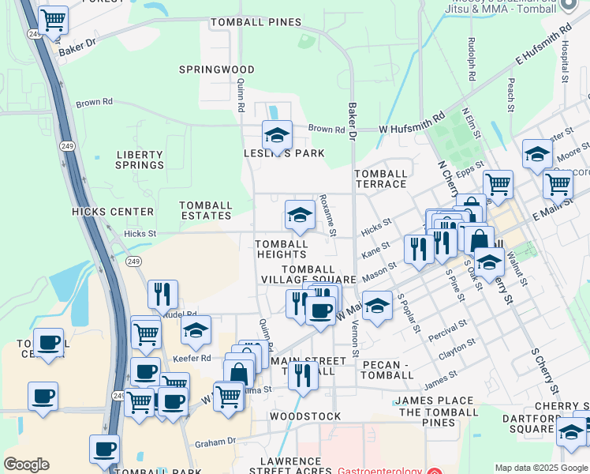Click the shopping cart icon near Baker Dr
[x=53, y=21]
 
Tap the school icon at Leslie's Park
[x=277, y=135]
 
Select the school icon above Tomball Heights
[x=300, y=214]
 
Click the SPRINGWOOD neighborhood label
[x=216, y=70]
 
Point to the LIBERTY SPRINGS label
[x=140, y=160]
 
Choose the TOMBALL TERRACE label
[x=381, y=179]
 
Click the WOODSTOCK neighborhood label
[x=305, y=416]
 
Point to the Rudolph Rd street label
[x=471, y=60]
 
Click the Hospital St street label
[x=565, y=62]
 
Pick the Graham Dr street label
[x=216, y=442]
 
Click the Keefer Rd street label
[x=195, y=358]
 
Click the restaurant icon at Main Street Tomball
[x=303, y=376]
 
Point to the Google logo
[x=26, y=465]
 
